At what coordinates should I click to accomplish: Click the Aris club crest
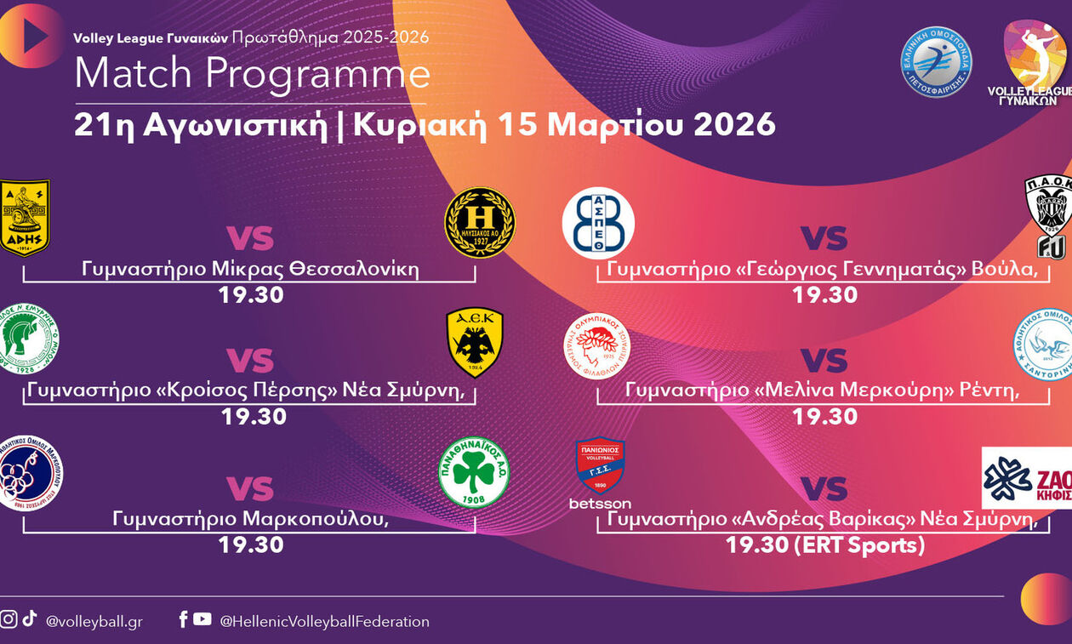point(24,216)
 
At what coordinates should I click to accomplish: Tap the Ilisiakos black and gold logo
point(480,222)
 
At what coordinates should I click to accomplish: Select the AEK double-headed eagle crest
point(475,342)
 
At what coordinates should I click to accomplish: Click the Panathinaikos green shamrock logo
point(474,473)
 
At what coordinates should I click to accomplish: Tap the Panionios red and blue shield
point(600,465)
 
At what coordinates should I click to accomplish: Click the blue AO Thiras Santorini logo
point(1044,344)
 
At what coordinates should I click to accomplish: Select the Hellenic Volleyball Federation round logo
point(936,61)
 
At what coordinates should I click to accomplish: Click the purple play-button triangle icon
point(34,35)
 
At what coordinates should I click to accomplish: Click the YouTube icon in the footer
point(202,619)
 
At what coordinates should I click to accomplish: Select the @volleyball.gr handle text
point(94,622)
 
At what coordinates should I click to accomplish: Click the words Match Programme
point(252,74)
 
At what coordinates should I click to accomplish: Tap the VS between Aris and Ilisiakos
point(249,238)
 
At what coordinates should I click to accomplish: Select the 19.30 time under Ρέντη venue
point(824,416)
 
